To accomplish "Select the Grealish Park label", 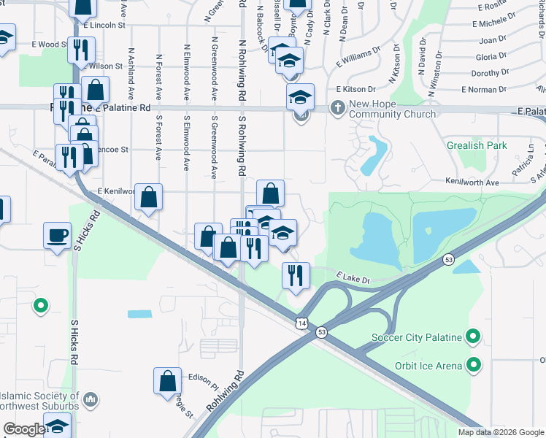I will pyautogui.click(x=477, y=145).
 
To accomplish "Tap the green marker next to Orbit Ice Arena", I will pyautogui.click(x=474, y=364).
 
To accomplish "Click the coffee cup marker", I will pyautogui.click(x=58, y=237).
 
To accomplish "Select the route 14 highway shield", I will pyautogui.click(x=301, y=322).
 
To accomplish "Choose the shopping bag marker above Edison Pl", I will pyautogui.click(x=167, y=381).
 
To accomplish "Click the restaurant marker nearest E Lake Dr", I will pyautogui.click(x=296, y=276).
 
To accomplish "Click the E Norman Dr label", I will pyautogui.click(x=485, y=90).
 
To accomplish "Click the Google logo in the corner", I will pyautogui.click(x=24, y=429).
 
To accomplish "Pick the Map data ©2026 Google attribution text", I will pyautogui.click(x=500, y=432).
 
